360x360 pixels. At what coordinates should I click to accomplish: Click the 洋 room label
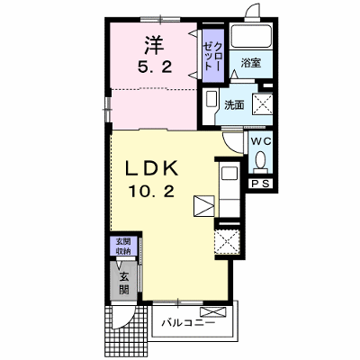(155, 45)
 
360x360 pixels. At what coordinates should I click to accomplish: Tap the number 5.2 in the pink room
(155, 67)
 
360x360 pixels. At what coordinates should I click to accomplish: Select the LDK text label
(151, 168)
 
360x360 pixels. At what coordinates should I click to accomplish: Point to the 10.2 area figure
(151, 191)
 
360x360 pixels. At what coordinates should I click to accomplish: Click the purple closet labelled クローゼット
(213, 56)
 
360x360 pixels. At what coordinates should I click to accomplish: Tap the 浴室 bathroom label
(251, 63)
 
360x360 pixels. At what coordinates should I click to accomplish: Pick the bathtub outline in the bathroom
(251, 36)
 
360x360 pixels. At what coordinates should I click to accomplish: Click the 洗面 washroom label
(234, 105)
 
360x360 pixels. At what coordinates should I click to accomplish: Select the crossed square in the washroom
(263, 103)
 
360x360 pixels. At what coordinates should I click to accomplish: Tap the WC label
(261, 141)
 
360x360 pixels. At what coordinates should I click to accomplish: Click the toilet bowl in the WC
(260, 159)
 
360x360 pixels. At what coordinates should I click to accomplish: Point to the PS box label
(260, 184)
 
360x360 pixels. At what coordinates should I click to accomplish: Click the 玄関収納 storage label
(123, 247)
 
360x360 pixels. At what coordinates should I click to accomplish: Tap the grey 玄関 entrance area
(124, 281)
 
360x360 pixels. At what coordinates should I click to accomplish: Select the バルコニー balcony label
(189, 323)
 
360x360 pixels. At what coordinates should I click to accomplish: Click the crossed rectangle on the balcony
(213, 311)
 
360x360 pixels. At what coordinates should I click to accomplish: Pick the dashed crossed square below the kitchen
(227, 242)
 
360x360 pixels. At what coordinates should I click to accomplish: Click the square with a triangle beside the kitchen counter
(204, 206)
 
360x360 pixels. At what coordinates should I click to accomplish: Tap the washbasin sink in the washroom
(211, 99)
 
